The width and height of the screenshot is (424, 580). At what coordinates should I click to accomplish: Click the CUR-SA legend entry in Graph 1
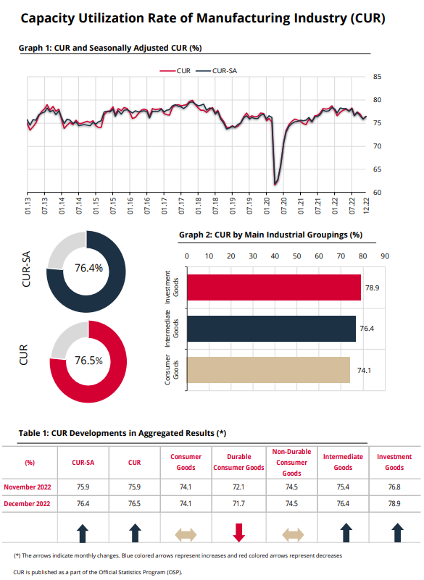click(x=216, y=71)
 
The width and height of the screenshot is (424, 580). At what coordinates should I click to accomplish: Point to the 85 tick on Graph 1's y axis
click(x=377, y=77)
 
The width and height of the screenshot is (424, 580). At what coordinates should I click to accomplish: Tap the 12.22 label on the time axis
click(x=366, y=206)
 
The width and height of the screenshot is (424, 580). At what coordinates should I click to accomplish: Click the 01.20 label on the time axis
click(x=267, y=206)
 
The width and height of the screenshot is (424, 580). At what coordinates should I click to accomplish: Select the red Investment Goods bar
click(x=274, y=287)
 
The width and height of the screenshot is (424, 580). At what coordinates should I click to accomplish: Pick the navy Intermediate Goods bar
click(x=272, y=329)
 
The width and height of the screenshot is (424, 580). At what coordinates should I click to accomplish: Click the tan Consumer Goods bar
click(x=268, y=370)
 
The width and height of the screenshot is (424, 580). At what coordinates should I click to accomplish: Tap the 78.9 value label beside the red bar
click(x=372, y=287)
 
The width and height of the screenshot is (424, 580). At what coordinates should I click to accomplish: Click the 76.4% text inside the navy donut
click(x=89, y=268)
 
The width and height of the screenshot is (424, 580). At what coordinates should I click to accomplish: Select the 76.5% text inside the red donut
click(x=89, y=361)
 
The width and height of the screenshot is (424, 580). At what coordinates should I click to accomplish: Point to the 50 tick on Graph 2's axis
click(x=297, y=256)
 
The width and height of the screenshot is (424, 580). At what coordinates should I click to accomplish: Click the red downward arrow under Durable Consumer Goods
click(x=239, y=533)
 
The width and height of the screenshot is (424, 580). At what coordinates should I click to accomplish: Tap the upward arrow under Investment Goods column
click(x=397, y=533)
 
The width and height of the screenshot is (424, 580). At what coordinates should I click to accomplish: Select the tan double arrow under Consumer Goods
click(x=186, y=534)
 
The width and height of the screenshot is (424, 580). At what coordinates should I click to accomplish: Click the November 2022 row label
click(x=28, y=487)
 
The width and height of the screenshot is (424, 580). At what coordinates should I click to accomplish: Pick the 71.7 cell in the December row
click(x=238, y=504)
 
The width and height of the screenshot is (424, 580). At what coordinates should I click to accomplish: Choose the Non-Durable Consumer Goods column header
click(x=291, y=463)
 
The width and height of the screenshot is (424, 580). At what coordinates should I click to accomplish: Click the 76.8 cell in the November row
click(x=394, y=487)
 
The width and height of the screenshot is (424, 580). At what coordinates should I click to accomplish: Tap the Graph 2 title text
click(x=270, y=235)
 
